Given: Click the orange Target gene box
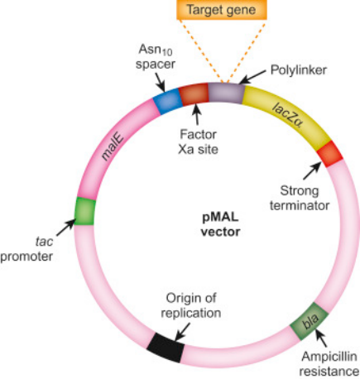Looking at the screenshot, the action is tap(222, 10).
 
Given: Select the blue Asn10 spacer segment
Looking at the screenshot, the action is tap(167, 101).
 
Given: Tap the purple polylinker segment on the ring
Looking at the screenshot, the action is tap(226, 94).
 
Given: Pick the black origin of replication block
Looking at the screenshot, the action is tap(166, 348).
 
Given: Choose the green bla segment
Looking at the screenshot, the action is tap(310, 321).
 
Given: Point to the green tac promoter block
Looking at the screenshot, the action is tap(85, 211).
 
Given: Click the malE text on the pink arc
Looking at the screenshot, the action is tap(112, 146).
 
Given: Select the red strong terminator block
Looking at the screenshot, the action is tap(329, 153).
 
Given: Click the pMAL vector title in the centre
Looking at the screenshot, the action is tap(220, 224).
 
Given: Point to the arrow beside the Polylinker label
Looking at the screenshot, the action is tap(252, 76).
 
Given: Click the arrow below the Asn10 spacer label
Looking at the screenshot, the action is tap(160, 82).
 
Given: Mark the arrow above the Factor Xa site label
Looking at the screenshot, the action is tap(197, 115).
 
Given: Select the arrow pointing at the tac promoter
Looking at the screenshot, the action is tap(65, 228).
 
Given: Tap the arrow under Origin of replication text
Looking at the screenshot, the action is tap(182, 332).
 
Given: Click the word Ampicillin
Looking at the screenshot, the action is tap(329, 357).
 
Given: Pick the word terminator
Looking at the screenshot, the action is tap(300, 206).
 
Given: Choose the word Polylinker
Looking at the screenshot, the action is tap(299, 70).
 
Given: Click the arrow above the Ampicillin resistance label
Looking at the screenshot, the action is tap(321, 338).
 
